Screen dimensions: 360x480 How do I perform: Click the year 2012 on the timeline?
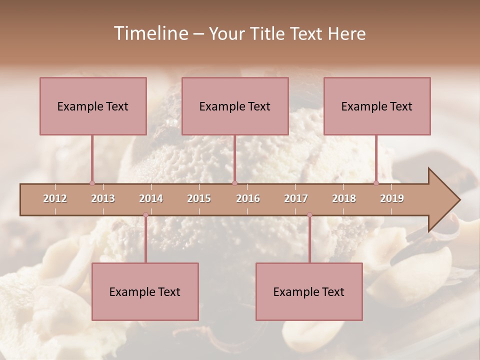[55, 198]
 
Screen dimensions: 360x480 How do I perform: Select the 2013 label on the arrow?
[103, 198]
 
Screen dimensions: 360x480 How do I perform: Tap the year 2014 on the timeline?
[151, 198]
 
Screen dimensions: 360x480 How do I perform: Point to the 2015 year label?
[199, 198]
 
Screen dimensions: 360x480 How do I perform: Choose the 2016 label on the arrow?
[248, 198]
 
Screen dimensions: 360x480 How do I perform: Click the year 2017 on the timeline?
[296, 198]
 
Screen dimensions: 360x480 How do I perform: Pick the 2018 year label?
[344, 198]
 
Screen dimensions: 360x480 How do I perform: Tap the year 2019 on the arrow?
[392, 198]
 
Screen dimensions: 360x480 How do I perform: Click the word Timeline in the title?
[150, 33]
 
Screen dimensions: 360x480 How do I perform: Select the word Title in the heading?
[269, 33]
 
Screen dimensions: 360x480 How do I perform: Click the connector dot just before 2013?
[92, 183]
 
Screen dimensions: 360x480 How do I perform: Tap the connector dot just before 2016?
[234, 183]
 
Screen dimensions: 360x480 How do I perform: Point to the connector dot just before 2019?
[376, 183]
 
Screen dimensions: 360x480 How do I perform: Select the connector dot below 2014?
[145, 215]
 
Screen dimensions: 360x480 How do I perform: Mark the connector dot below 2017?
[309, 215]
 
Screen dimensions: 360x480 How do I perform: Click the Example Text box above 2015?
[235, 106]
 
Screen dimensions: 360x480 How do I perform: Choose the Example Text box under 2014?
[145, 291]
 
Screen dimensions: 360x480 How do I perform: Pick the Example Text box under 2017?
[309, 291]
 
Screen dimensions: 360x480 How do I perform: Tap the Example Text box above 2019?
[377, 106]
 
